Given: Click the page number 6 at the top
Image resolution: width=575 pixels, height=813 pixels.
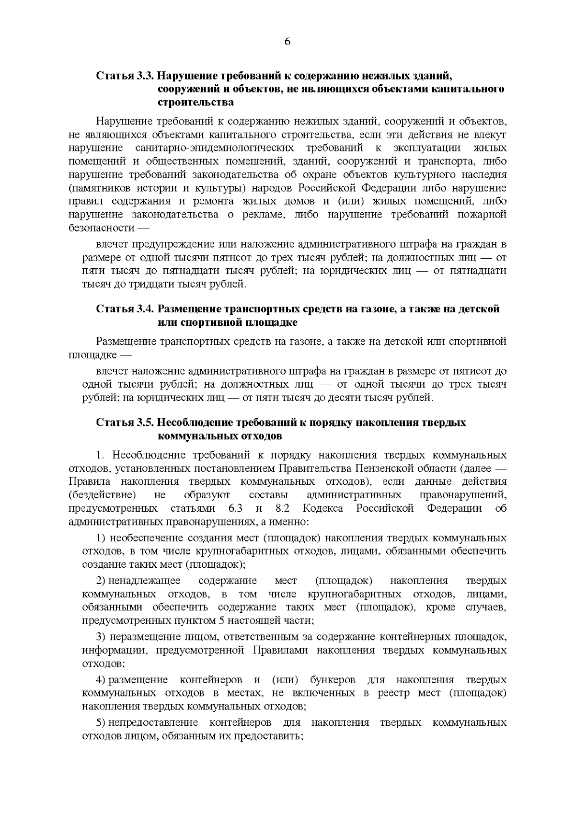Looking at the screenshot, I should click(x=287, y=42).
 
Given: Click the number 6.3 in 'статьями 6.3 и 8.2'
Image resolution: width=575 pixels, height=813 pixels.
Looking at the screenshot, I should click(x=232, y=508).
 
